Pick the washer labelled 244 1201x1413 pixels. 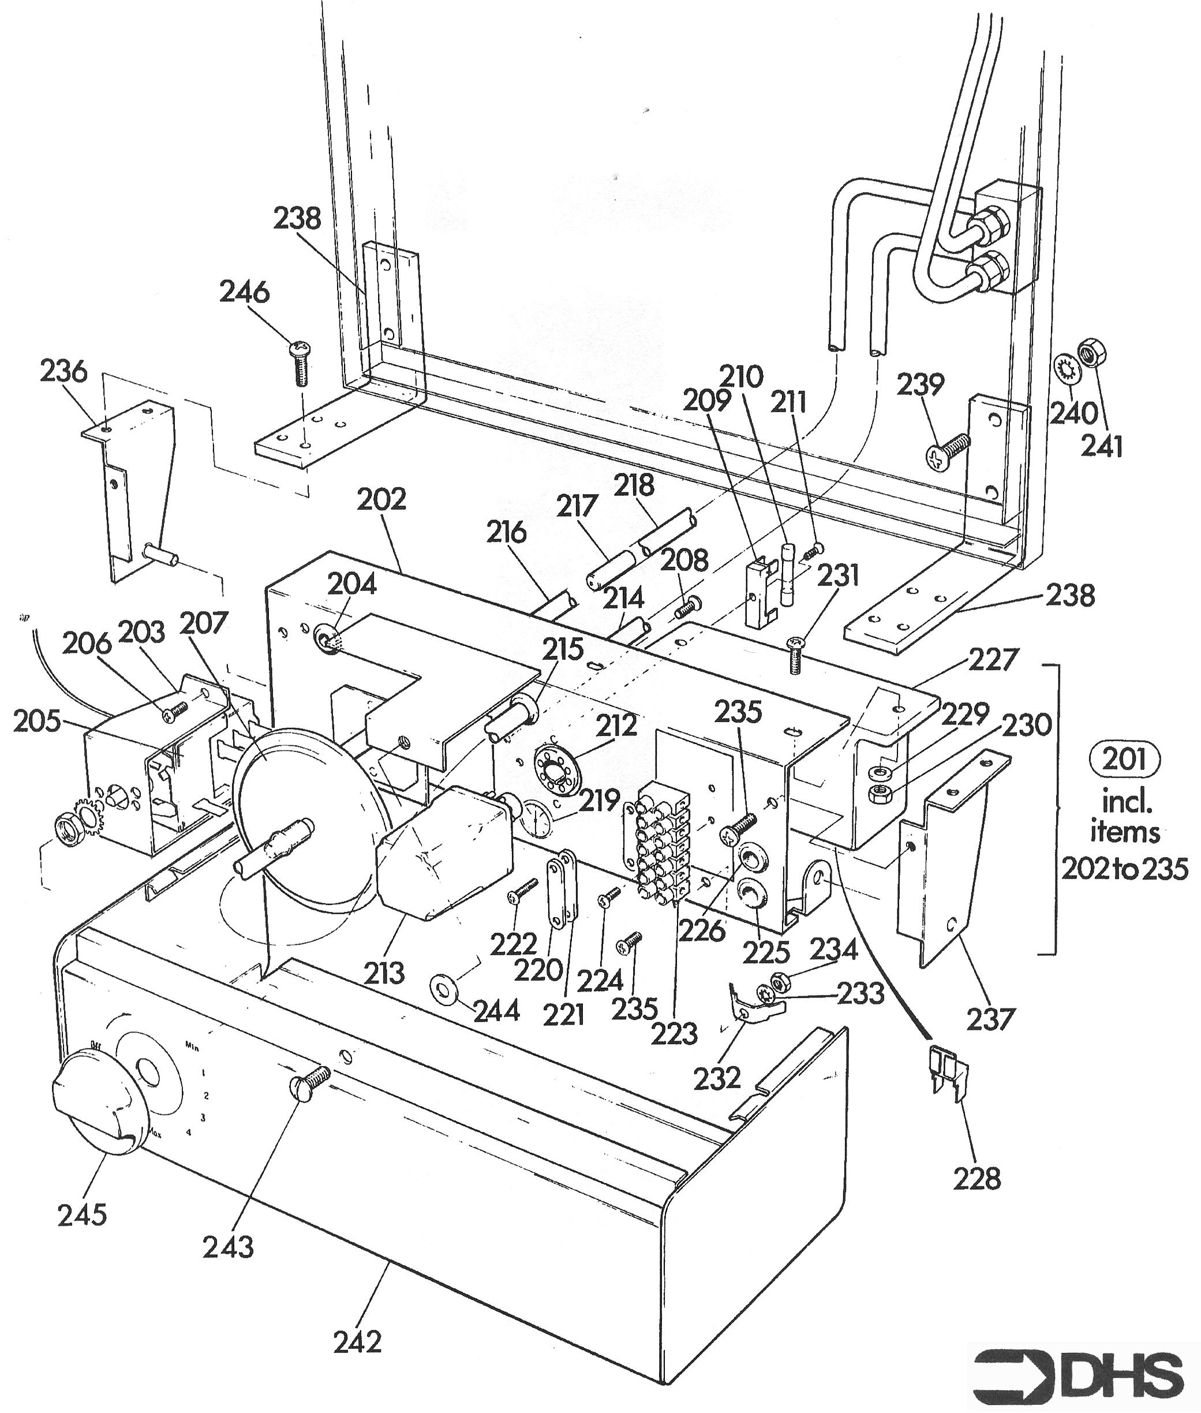tap(444, 985)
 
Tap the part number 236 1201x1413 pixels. tap(64, 372)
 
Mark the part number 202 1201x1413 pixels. tap(381, 499)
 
